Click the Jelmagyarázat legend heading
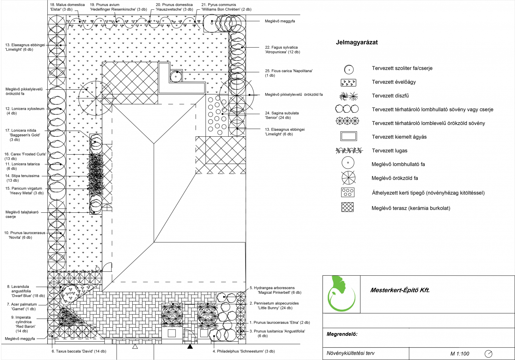click(357, 43)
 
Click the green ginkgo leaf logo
click(341, 294)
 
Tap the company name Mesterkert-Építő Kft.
click(400, 290)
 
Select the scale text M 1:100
click(460, 354)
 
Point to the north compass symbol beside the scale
click(489, 354)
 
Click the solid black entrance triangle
click(190, 347)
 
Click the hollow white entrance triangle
click(135, 347)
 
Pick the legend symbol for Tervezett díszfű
click(348, 96)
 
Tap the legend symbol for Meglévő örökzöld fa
click(348, 178)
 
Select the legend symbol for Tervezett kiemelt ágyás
click(348, 136)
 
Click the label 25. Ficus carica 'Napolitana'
click(288, 73)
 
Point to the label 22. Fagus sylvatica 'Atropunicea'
click(282, 50)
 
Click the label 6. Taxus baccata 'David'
click(79, 351)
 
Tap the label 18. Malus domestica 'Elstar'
click(67, 7)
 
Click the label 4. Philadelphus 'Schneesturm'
click(244, 351)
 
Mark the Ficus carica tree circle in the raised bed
click(176, 77)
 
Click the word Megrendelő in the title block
click(342, 334)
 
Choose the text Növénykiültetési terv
click(350, 353)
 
